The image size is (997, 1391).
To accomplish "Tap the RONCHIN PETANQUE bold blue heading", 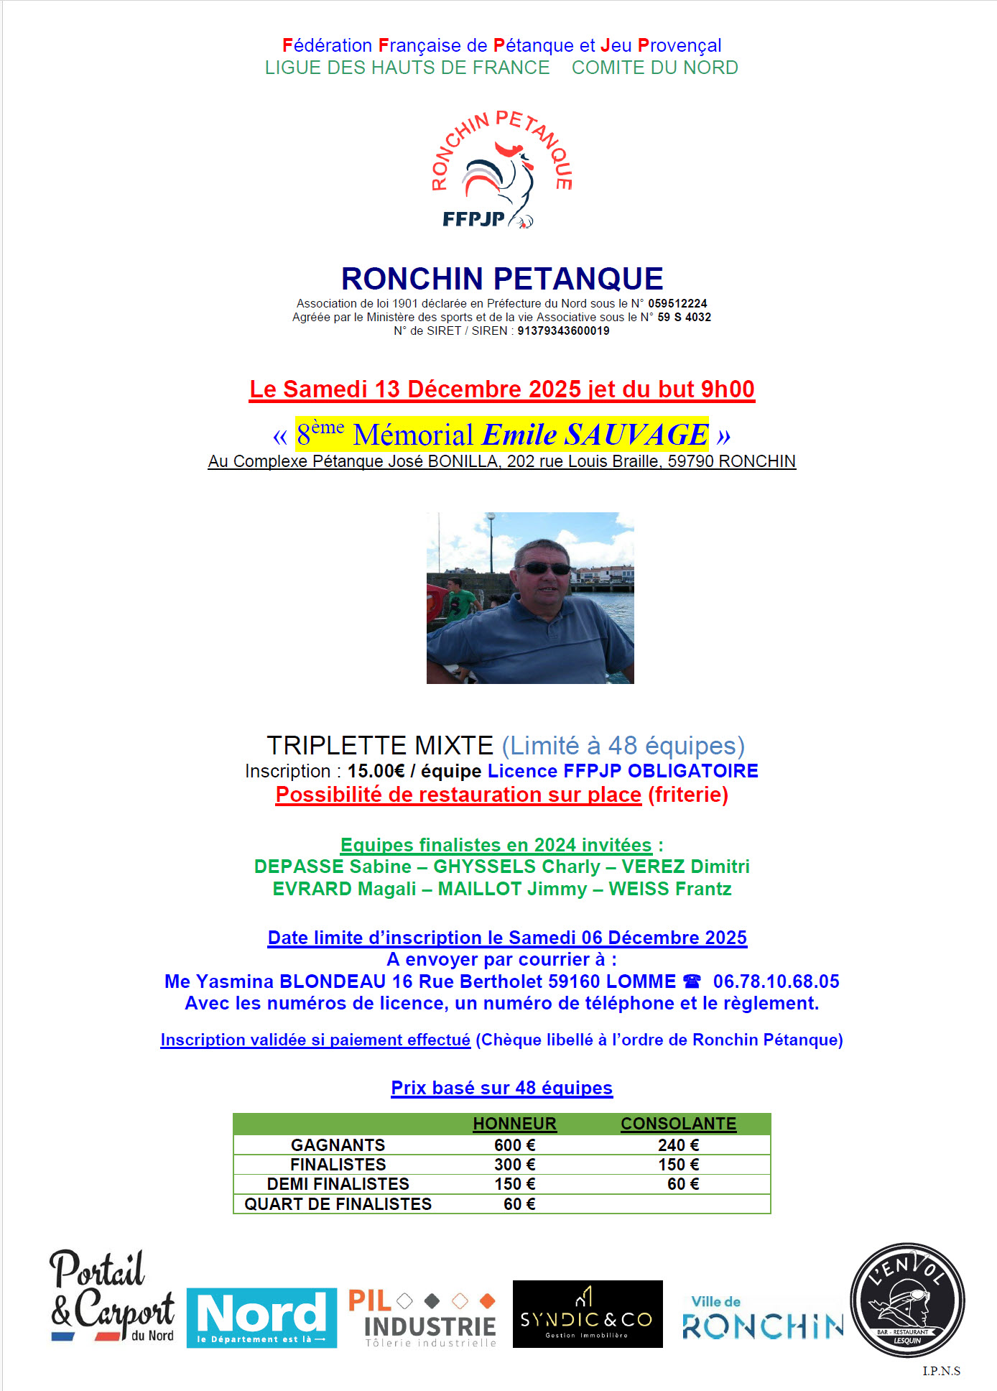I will tap(501, 279).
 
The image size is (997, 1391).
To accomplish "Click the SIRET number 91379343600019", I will tap(563, 331).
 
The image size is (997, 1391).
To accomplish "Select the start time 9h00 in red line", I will tap(728, 389).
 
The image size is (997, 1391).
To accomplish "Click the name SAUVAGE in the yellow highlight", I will tap(636, 435).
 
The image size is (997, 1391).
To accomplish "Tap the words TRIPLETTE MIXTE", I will tap(380, 746).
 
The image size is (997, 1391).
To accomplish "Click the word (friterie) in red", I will tap(688, 795).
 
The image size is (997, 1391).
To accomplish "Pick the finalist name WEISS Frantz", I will tap(670, 889).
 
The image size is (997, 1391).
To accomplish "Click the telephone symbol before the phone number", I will tap(692, 981).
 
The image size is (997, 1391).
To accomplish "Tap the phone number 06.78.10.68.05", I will tap(776, 981).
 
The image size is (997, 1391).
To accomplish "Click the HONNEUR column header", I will tap(514, 1124).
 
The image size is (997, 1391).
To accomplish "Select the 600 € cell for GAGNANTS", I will tap(514, 1145).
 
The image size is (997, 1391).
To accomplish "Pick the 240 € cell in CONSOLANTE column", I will tap(678, 1145).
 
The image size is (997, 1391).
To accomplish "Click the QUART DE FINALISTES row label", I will tap(338, 1204).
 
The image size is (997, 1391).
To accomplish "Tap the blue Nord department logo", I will tap(261, 1318).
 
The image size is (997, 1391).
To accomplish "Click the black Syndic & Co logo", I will tap(588, 1314).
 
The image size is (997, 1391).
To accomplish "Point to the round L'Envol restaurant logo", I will tap(907, 1300).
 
